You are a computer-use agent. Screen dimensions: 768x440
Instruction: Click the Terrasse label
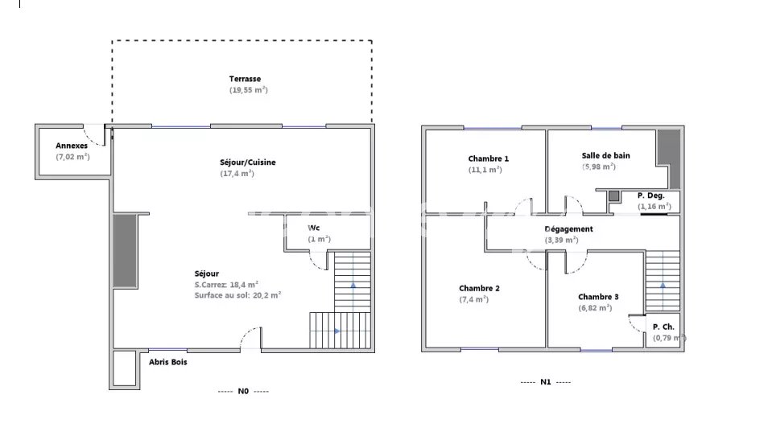(x=245, y=79)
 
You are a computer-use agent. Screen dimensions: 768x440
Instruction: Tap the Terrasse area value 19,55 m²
(x=248, y=90)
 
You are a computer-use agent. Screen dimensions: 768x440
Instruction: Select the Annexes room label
(x=72, y=146)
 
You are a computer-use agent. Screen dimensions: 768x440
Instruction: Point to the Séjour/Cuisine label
(x=248, y=162)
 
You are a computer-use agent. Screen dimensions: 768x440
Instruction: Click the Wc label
(x=313, y=228)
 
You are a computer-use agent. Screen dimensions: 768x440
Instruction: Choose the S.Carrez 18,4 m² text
(x=226, y=285)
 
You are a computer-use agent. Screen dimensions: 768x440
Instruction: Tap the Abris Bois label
(x=168, y=362)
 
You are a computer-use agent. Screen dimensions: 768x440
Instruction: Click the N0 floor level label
(x=243, y=391)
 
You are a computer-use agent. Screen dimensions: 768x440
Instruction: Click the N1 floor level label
(x=546, y=382)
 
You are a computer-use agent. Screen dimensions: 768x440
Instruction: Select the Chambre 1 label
(x=489, y=158)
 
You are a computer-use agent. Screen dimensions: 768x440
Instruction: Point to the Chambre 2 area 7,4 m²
(x=473, y=299)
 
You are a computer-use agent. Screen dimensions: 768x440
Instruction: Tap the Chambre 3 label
(x=598, y=297)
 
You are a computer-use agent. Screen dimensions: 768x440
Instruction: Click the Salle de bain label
(x=606, y=155)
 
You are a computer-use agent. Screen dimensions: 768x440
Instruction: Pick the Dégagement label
(x=568, y=229)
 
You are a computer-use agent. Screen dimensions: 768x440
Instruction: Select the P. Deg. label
(x=651, y=195)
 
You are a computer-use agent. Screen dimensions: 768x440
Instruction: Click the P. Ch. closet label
(x=663, y=327)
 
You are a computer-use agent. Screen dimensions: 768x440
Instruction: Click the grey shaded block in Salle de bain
(x=668, y=159)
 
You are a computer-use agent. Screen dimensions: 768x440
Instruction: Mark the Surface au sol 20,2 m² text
(x=237, y=296)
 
